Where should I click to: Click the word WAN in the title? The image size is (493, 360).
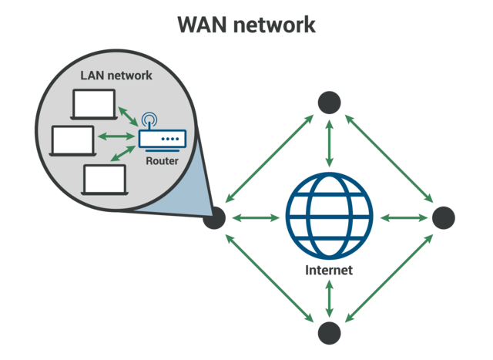[x=203, y=25]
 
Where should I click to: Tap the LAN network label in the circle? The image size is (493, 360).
[x=116, y=76]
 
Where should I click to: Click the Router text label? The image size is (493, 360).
[x=162, y=161]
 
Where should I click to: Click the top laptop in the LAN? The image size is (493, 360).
[x=93, y=104]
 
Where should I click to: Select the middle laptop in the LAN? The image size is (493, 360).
[x=72, y=140]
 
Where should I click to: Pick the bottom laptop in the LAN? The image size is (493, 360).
[x=104, y=179]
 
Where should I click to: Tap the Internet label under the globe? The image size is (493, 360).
[x=329, y=271]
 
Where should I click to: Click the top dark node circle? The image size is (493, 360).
[x=329, y=103]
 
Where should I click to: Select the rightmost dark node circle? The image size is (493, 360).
[x=444, y=218]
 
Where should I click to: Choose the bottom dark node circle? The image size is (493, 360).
[x=329, y=333]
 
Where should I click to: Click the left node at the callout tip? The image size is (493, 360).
[x=214, y=218]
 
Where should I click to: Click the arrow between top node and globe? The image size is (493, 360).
[x=329, y=143]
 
